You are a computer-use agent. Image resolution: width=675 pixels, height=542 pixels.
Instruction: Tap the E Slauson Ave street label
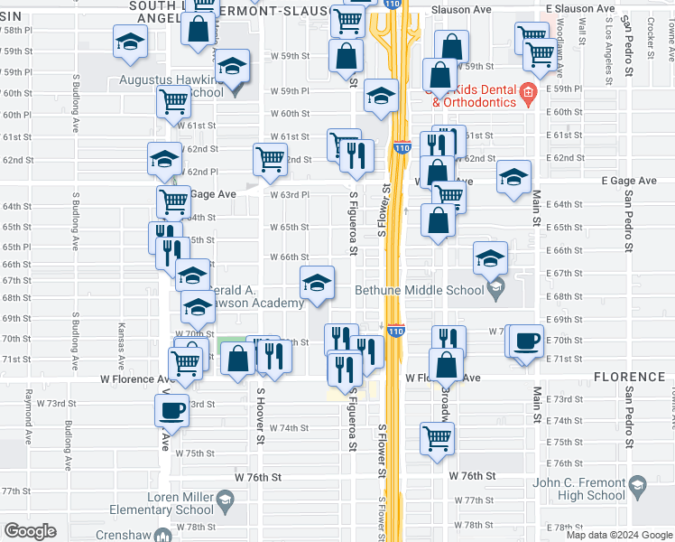638,7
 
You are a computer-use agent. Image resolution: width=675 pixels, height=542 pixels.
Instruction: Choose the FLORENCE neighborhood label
629,376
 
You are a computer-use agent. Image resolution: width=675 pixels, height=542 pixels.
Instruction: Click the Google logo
30,531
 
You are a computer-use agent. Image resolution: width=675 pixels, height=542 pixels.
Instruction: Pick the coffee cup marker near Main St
526,342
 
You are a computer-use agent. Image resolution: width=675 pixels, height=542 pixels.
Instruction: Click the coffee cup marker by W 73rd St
171,411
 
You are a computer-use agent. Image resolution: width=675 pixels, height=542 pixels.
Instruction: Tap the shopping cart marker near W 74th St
438,438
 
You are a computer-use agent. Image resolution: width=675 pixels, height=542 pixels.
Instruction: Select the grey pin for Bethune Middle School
494,289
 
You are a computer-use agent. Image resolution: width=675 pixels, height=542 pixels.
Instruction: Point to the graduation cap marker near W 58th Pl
130,42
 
